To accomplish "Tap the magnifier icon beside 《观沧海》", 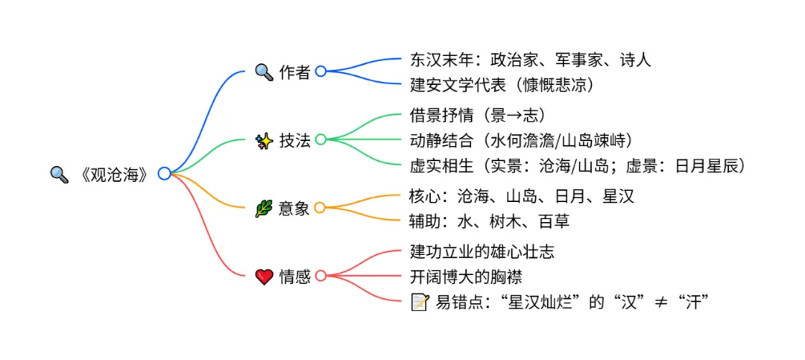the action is (59, 174).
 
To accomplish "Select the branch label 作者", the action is (294, 72).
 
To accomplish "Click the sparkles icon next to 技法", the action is (264, 140).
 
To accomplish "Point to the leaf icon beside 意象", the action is (264, 209).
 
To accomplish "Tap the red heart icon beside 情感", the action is (264, 277).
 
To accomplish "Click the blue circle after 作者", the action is (321, 72).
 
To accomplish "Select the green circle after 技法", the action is (321, 139).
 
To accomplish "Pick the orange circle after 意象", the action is (320, 208).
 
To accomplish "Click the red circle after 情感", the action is (321, 276).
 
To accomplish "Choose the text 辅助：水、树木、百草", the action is (490, 221).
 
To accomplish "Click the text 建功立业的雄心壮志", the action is (482, 252).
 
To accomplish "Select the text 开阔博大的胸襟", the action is (466, 277).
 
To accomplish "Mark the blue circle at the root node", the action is (165, 174).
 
